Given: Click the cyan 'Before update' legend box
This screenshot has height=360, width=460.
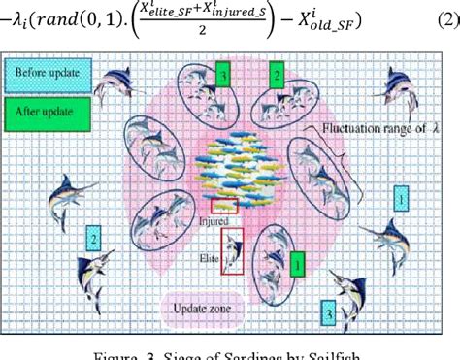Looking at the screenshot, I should tap(47, 74).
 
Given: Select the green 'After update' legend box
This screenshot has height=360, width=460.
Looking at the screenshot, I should tap(47, 110).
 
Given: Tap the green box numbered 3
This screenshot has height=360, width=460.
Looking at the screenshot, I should tap(224, 74).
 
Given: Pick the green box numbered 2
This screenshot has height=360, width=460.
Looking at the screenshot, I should tap(277, 74).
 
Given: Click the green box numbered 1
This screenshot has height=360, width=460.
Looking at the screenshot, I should tap(298, 260).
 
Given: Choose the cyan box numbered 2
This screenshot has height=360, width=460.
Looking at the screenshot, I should tap(93, 236).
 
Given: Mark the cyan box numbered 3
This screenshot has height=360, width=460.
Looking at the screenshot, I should tap(331, 313).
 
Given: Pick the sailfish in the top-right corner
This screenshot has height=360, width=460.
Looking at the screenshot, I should tap(402, 85).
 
